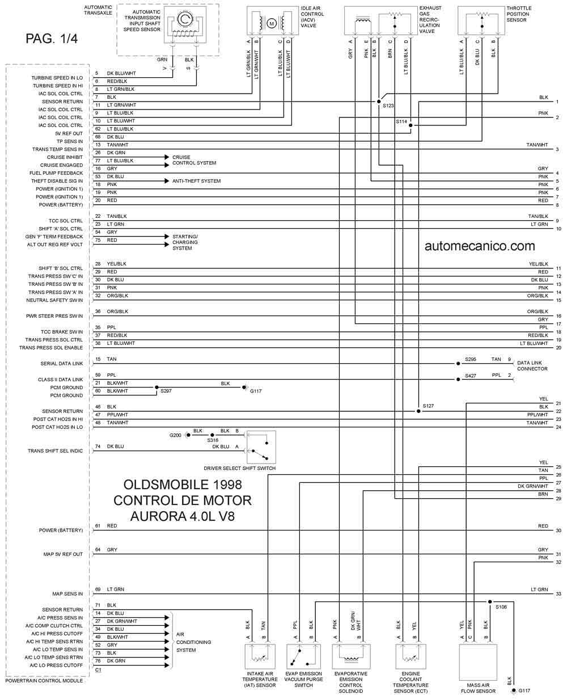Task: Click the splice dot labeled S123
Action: (378, 102)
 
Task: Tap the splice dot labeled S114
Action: (410, 125)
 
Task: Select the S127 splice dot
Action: (418, 411)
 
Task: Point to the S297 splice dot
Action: (156, 388)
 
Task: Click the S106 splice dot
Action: (490, 601)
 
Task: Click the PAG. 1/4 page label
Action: (52, 39)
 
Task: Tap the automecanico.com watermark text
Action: (480, 246)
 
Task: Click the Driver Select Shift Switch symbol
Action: (261, 447)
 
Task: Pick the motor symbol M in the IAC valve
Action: (271, 23)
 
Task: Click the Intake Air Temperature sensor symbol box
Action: (259, 656)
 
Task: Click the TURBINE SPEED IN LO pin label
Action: (57, 78)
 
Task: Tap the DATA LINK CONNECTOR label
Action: (532, 365)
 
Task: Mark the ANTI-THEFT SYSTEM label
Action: (196, 181)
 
